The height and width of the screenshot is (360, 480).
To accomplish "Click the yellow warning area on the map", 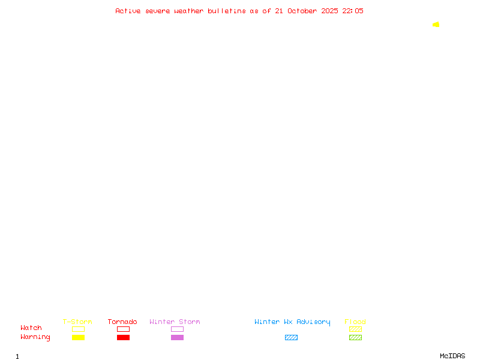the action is pyautogui.click(x=436, y=25).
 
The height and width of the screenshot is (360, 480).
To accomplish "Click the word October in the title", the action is pyautogui.click(x=302, y=11).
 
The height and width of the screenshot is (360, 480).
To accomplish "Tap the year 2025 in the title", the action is pyautogui.click(x=329, y=11).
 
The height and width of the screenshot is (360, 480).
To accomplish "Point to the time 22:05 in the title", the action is pyautogui.click(x=353, y=11).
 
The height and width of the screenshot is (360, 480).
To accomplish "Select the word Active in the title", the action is pyautogui.click(x=128, y=11).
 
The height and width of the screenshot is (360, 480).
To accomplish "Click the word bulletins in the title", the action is pyautogui.click(x=227, y=11).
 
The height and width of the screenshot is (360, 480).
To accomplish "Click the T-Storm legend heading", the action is pyautogui.click(x=77, y=322).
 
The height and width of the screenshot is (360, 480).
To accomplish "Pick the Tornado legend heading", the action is pyautogui.click(x=122, y=322).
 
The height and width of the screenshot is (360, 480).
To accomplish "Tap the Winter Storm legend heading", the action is pyautogui.click(x=175, y=322).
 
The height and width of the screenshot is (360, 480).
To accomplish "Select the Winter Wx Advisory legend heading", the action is pyautogui.click(x=292, y=322).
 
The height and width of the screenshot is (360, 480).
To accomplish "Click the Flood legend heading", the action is pyautogui.click(x=355, y=322).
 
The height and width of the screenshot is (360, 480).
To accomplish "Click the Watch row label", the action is pyautogui.click(x=31, y=328).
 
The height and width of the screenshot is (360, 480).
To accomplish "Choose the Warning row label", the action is pyautogui.click(x=35, y=337).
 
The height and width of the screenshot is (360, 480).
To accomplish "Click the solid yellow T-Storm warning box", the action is pyautogui.click(x=79, y=337).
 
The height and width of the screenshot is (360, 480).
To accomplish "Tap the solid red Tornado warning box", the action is pyautogui.click(x=124, y=337).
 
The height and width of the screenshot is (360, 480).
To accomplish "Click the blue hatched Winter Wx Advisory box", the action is pyautogui.click(x=291, y=337).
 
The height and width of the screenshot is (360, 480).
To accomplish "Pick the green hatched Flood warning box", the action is pyautogui.click(x=355, y=337).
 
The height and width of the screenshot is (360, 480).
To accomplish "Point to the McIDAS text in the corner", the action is pyautogui.click(x=452, y=356).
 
